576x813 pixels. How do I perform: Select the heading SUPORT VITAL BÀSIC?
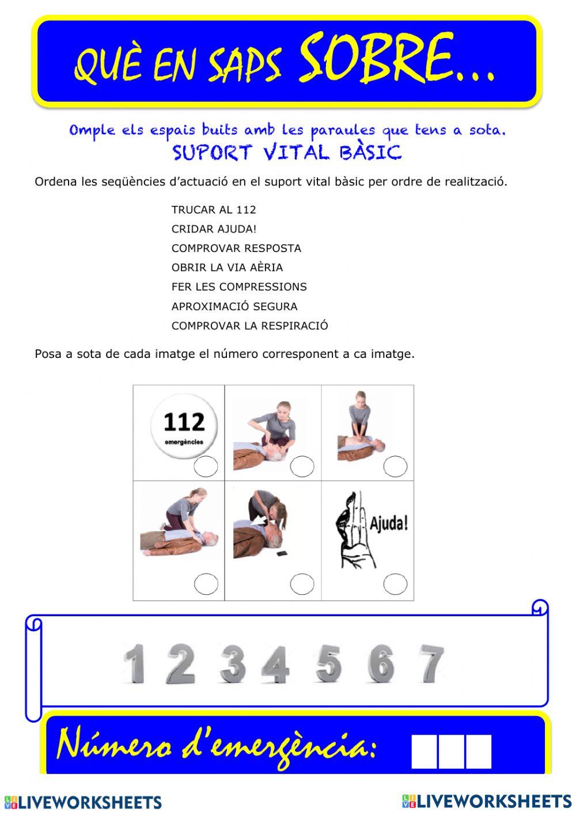286,153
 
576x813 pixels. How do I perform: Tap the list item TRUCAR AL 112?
214,210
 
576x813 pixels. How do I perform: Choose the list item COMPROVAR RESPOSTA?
236,249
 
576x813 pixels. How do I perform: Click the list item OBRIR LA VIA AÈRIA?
227,268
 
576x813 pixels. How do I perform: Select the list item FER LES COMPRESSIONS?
239,287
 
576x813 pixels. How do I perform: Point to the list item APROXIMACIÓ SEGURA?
234,307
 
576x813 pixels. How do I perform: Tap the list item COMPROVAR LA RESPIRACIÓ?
249,326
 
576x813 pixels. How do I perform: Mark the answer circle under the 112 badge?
206,467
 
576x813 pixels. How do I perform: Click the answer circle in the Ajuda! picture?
395,583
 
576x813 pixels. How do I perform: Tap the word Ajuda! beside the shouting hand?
389,524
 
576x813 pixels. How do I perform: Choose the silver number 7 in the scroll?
432,663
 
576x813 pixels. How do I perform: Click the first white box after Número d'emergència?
425,751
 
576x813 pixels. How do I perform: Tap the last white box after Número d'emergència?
479,751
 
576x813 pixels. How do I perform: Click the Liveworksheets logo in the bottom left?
83,802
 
